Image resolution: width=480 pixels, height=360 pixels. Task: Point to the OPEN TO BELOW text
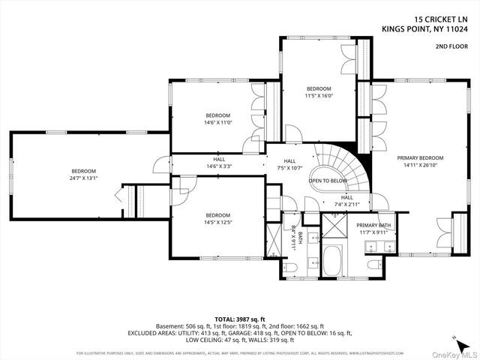click(328, 181)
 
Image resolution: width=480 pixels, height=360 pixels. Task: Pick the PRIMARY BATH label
click(373, 225)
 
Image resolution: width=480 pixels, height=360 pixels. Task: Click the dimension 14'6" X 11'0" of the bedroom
click(218, 122)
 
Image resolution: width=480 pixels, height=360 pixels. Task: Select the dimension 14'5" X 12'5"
click(217, 223)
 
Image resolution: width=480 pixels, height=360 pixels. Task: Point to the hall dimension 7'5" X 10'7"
click(289, 167)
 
